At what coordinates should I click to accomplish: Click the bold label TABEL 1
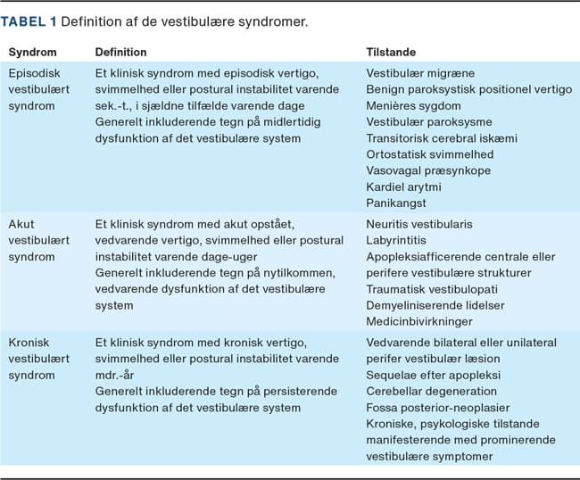(x=34, y=19)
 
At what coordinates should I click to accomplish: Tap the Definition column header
(x=121, y=53)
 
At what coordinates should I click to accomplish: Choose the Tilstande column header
(x=392, y=53)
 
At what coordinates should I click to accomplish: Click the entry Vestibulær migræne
(x=420, y=72)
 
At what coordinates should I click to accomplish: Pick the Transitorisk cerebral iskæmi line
(x=442, y=138)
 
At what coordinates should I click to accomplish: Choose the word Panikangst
(x=396, y=203)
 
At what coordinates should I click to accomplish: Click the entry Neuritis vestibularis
(x=419, y=224)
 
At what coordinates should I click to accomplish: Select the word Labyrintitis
(x=397, y=240)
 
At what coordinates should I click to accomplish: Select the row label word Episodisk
(x=35, y=72)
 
